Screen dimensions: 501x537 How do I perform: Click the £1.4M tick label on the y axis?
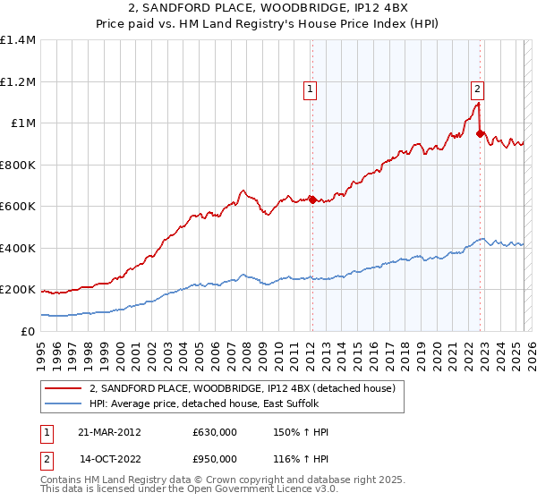click(x=18, y=40)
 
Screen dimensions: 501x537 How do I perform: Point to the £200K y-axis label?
click(x=18, y=290)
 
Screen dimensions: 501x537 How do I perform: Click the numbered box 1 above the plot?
click(x=310, y=88)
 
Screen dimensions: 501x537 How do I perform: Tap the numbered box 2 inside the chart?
click(x=478, y=88)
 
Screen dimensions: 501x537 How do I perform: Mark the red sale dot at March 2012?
click(x=312, y=200)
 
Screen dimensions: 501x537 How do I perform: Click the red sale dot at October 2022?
click(x=481, y=134)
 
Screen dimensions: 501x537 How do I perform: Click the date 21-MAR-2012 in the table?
click(x=109, y=432)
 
